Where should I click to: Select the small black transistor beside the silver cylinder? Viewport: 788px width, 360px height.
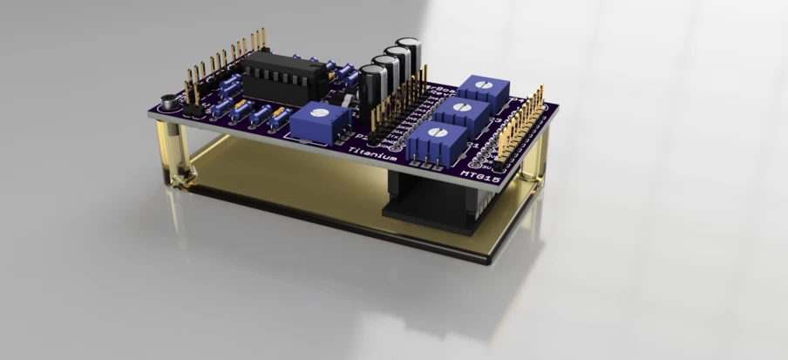coord(195,109)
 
